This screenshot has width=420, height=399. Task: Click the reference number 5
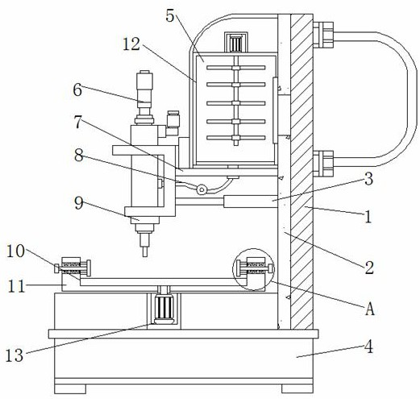click(170, 16)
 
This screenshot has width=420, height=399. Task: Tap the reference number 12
click(131, 44)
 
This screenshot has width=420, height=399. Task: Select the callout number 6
click(77, 90)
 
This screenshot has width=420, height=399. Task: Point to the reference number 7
click(78, 122)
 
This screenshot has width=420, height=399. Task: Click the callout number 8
click(78, 156)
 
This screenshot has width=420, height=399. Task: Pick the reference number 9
click(79, 203)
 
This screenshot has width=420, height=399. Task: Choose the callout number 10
click(15, 251)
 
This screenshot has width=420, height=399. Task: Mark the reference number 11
click(16, 286)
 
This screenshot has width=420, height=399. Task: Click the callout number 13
click(15, 355)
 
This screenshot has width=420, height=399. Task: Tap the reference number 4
click(369, 347)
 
